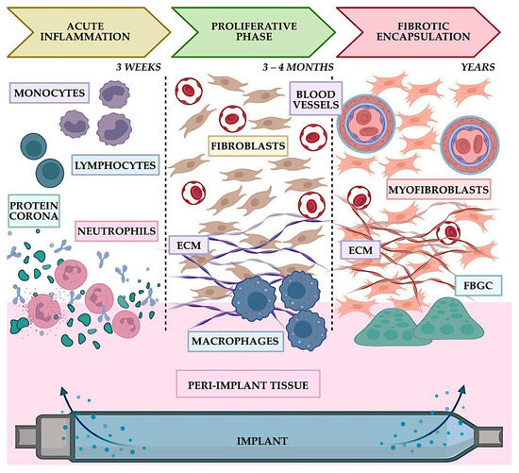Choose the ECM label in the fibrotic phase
[x=357, y=251]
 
